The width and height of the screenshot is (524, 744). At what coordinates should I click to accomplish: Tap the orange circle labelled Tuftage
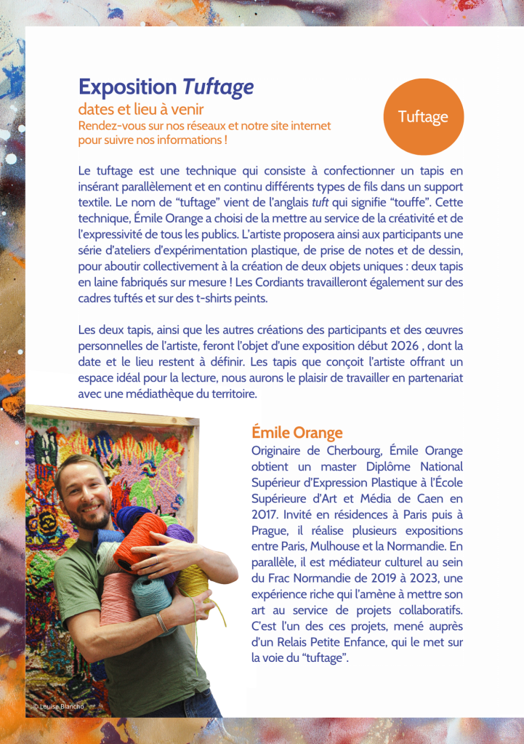coord(423,116)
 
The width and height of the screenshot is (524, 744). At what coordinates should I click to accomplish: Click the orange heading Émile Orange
coord(297,433)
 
